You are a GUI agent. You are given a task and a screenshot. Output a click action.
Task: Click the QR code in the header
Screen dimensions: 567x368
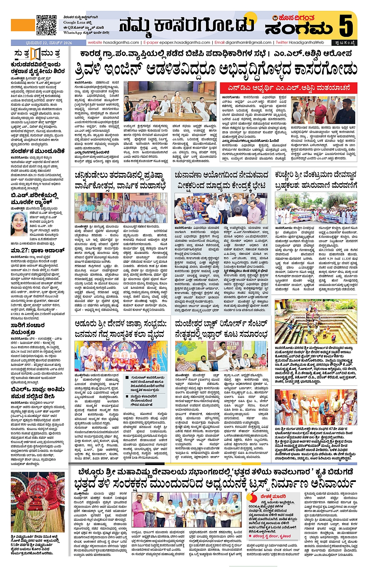pyautogui.click(x=46, y=25)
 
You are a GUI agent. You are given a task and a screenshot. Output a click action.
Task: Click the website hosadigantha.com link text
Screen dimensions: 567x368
pyautogui.click(x=113, y=42)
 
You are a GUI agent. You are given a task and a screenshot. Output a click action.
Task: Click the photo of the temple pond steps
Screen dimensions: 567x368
pyautogui.click(x=315, y=321)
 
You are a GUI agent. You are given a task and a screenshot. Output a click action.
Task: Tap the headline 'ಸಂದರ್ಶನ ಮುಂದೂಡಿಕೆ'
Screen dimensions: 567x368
pyautogui.click(x=38, y=151)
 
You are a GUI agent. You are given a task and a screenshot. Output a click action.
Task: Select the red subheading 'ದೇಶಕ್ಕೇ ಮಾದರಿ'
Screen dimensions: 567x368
pyautogui.click(x=273, y=496)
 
